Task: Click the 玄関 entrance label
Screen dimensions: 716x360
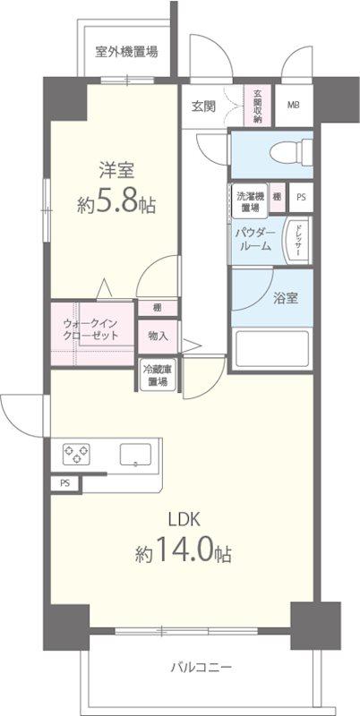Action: click(203, 106)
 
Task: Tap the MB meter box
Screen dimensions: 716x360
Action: click(293, 106)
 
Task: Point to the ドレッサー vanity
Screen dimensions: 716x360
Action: click(296, 240)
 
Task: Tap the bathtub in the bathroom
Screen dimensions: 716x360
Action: click(270, 348)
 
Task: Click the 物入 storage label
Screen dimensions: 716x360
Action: click(158, 337)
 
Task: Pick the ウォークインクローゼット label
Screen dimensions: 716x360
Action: click(90, 328)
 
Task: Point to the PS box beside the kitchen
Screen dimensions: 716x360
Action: click(64, 483)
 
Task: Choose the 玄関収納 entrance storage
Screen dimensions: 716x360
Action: click(258, 106)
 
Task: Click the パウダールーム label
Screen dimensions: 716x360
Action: click(254, 239)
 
